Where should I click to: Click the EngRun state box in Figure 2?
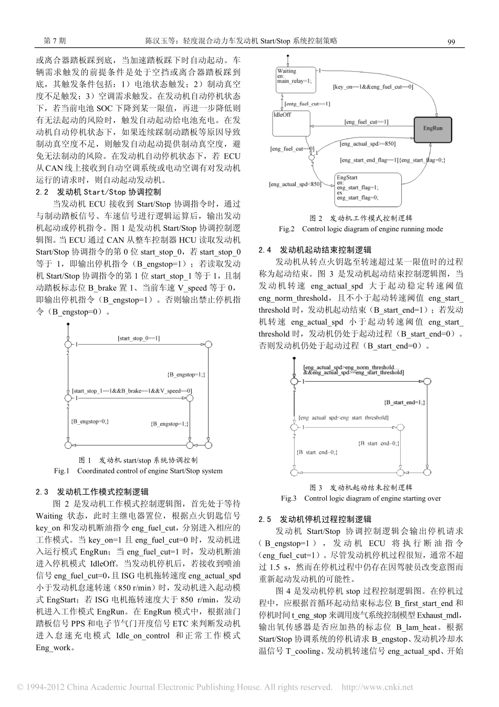point(433,127)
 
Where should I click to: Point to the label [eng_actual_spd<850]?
point(295,184)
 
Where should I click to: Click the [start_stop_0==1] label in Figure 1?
point(139,339)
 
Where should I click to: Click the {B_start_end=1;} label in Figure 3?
point(405,402)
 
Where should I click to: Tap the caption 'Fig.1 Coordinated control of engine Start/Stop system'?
point(138,471)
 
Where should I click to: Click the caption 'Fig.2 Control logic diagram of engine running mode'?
point(360,229)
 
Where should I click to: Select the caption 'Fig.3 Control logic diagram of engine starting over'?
point(360,498)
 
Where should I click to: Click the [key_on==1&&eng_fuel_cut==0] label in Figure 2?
point(373,87)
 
